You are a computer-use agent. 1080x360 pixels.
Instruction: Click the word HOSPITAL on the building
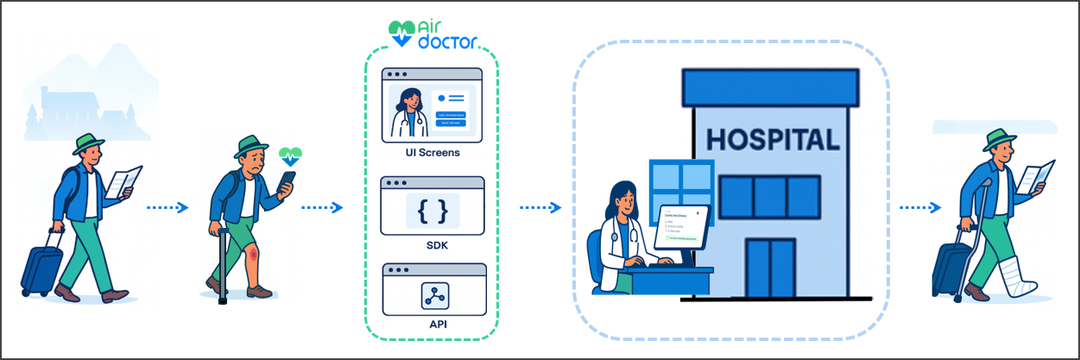pos(772,140)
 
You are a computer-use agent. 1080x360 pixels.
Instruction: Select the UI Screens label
pos(433,153)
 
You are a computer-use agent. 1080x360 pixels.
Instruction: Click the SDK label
pos(433,246)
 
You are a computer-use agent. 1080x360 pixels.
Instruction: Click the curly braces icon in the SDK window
pos(433,210)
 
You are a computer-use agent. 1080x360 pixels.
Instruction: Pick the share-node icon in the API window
pos(433,295)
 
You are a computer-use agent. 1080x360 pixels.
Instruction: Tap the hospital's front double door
pos(769,268)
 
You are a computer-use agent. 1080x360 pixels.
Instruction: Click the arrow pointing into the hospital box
pos(540,207)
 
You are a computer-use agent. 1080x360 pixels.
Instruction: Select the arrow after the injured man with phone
pos(323,207)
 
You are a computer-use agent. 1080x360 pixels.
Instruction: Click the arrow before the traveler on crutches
pos(919,207)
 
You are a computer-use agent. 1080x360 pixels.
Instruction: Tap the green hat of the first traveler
pos(87,143)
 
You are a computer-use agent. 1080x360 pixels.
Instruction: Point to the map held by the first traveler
pos(123,182)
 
